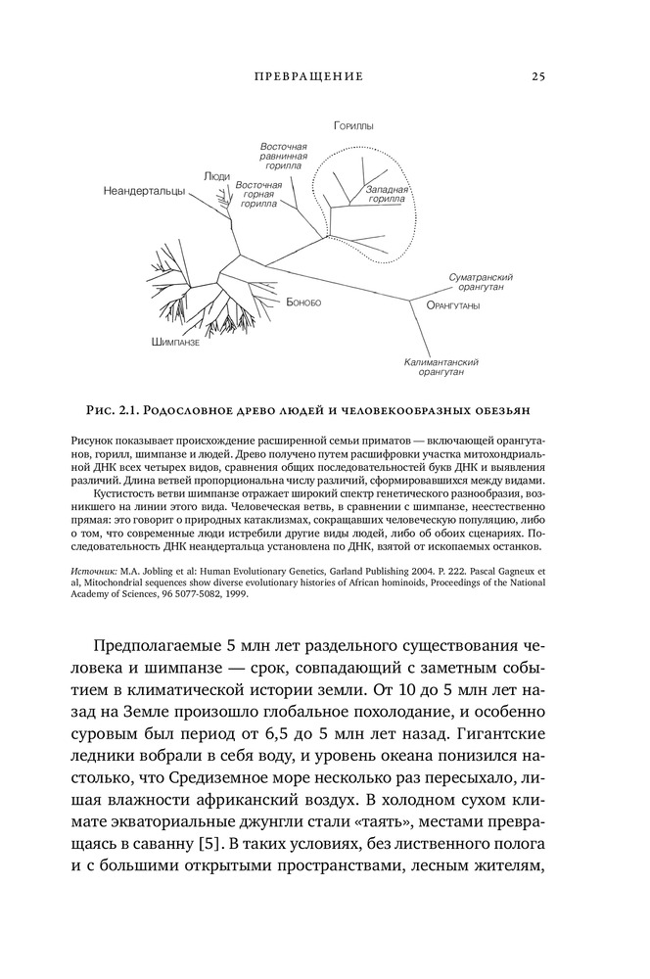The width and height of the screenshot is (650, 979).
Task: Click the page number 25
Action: point(538,76)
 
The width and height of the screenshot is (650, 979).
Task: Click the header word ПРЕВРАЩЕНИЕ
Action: point(307,76)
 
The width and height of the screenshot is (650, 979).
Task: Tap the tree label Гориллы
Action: point(353,126)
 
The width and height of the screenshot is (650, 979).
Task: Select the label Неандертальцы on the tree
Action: point(144,192)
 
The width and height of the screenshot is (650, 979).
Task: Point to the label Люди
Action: point(217,176)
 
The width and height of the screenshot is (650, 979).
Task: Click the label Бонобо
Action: point(303,303)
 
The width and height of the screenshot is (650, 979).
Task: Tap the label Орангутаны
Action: point(453,306)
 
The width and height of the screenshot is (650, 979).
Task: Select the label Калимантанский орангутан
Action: point(441,367)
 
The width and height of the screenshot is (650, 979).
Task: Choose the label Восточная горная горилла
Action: point(259,195)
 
